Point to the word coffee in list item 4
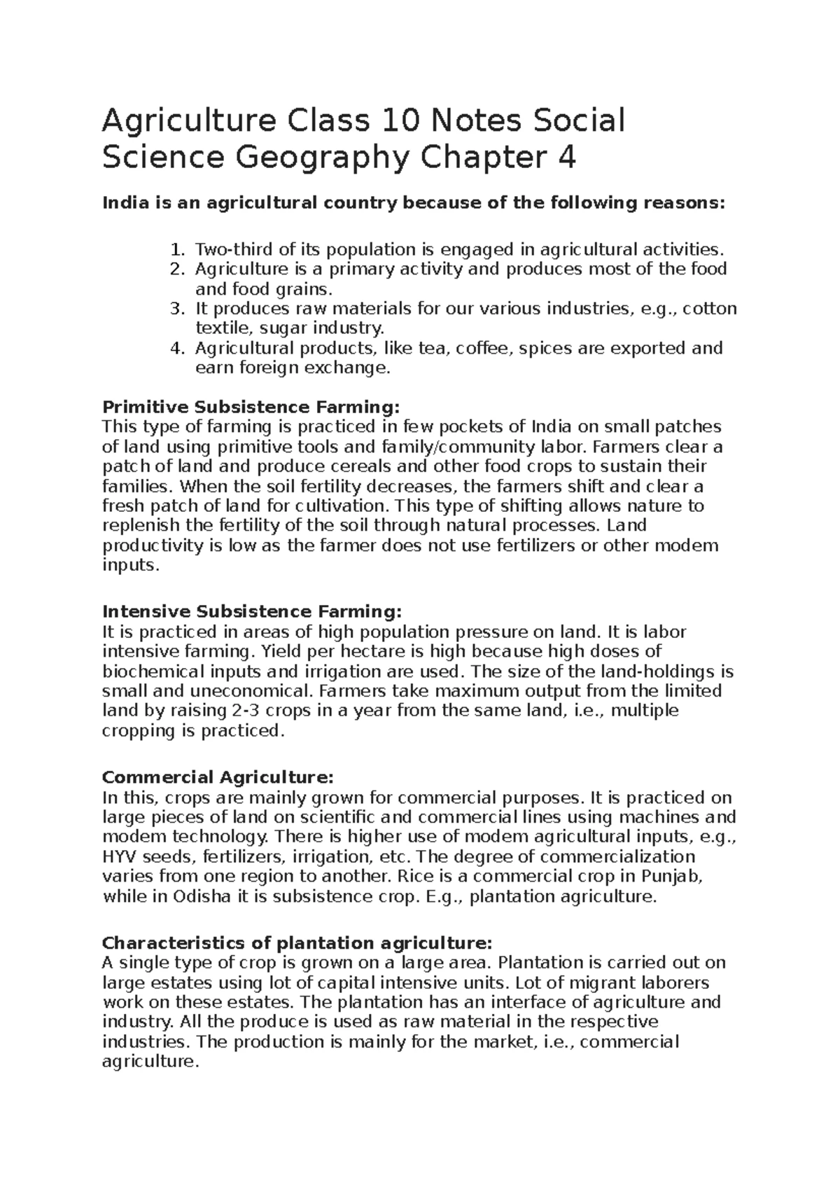[x=482, y=348]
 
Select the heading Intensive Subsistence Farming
[x=252, y=612]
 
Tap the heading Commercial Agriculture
[x=218, y=777]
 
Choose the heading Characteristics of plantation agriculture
[x=297, y=942]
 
